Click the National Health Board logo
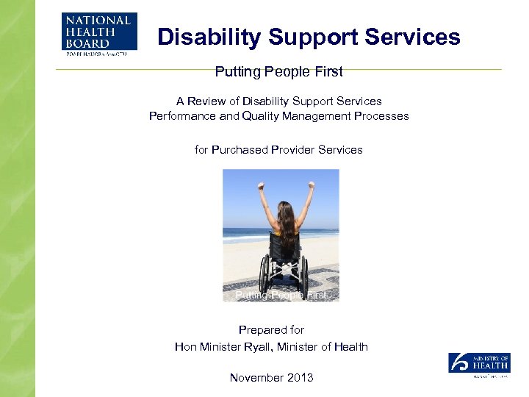[98, 33]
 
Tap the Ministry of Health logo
[479, 365]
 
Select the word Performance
[182, 115]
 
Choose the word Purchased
[240, 149]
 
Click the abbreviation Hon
[186, 346]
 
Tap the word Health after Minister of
[350, 346]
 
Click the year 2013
[300, 377]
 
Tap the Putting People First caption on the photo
[281, 295]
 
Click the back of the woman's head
[285, 215]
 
